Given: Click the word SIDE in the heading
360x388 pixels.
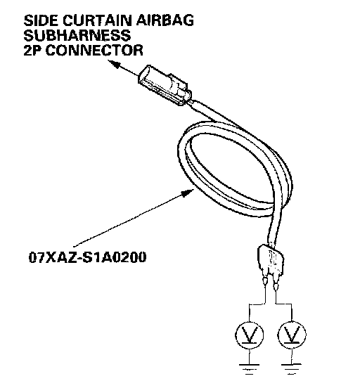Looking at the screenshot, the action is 41,20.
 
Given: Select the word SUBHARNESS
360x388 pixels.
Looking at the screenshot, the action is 77,35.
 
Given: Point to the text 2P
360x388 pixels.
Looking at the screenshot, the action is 33,50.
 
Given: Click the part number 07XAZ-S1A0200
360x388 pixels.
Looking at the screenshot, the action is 87,257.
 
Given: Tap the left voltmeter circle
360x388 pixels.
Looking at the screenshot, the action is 250,335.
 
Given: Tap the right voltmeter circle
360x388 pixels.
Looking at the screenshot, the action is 292,335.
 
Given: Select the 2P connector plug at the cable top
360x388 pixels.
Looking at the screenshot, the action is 165,85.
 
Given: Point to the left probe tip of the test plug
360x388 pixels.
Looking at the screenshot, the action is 265,282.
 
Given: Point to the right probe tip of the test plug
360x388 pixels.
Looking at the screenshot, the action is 276,287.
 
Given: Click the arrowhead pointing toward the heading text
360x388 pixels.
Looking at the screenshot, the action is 115,63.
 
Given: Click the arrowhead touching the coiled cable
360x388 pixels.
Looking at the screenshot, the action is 188,193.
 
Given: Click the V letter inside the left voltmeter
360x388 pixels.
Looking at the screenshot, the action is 250,335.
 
